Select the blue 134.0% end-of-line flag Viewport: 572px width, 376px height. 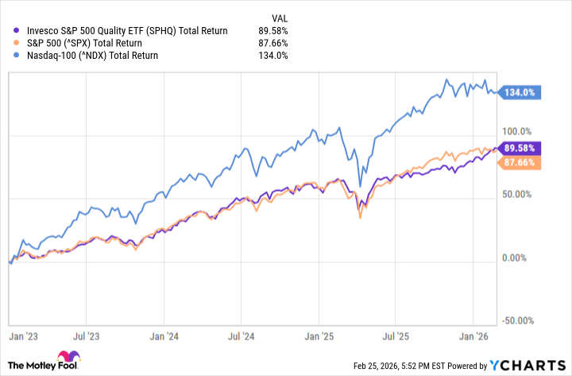coord(523,92)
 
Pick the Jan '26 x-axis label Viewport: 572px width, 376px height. coord(474,336)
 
